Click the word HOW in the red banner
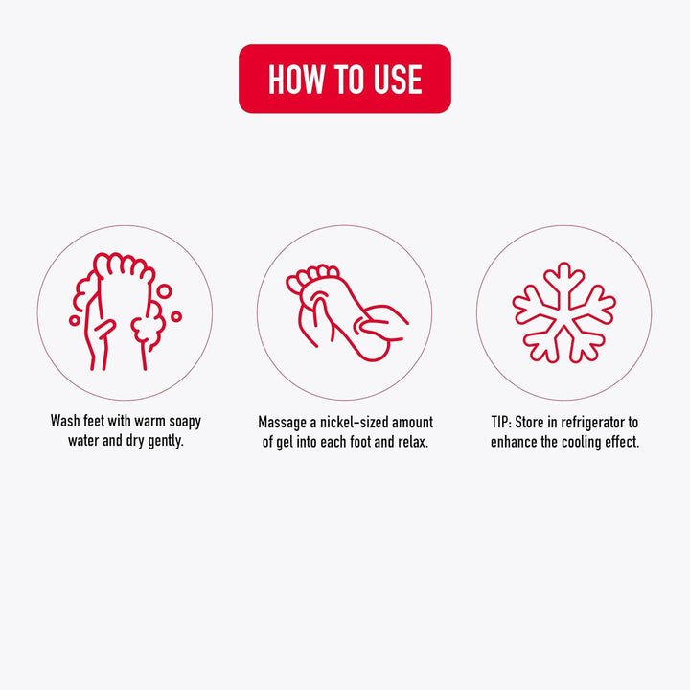(295, 80)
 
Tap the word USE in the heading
(398, 80)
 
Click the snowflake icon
(564, 312)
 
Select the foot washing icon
(125, 311)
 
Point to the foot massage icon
(347, 312)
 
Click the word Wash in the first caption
(65, 421)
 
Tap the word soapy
(185, 422)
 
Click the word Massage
(282, 423)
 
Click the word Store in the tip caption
(529, 423)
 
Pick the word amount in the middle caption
(413, 423)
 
